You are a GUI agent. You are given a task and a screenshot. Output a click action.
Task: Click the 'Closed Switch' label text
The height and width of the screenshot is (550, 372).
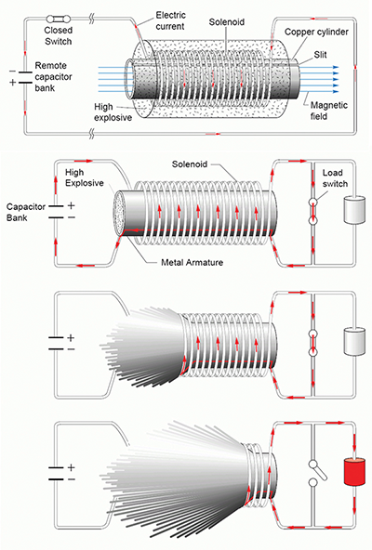(x=59, y=36)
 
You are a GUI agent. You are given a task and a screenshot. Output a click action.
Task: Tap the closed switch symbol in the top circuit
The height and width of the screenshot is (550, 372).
(x=59, y=19)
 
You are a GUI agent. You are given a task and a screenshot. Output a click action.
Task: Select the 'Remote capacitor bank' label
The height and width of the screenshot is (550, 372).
(x=53, y=76)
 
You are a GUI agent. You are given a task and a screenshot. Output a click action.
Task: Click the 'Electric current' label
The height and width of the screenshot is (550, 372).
(x=170, y=20)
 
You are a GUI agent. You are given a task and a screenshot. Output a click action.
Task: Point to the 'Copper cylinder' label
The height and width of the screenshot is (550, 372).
(x=316, y=32)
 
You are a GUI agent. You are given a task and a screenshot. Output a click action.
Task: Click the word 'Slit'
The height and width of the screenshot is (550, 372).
(x=320, y=55)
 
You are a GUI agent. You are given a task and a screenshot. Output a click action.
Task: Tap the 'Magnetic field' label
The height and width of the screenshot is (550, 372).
(x=329, y=111)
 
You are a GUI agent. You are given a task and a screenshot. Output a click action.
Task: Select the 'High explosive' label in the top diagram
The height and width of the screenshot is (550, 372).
(x=113, y=111)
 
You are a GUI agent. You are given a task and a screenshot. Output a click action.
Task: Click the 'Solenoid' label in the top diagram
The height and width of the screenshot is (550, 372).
(x=227, y=22)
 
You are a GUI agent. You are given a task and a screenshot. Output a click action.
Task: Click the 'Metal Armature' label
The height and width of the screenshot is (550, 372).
(x=192, y=262)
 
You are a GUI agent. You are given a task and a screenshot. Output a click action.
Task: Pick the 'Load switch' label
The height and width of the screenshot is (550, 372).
(x=335, y=178)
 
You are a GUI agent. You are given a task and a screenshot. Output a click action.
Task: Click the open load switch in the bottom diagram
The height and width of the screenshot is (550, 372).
(x=317, y=474)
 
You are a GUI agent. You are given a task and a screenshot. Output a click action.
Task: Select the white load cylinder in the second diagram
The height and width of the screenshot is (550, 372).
(x=354, y=211)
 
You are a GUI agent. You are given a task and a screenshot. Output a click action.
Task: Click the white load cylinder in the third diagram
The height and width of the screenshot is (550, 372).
(x=354, y=341)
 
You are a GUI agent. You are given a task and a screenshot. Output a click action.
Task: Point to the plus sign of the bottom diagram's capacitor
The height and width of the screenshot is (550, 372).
(x=71, y=467)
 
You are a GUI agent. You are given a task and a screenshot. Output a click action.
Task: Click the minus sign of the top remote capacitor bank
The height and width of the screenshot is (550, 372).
(x=13, y=72)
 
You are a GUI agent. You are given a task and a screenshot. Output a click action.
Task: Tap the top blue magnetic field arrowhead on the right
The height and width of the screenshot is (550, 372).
(x=336, y=67)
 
